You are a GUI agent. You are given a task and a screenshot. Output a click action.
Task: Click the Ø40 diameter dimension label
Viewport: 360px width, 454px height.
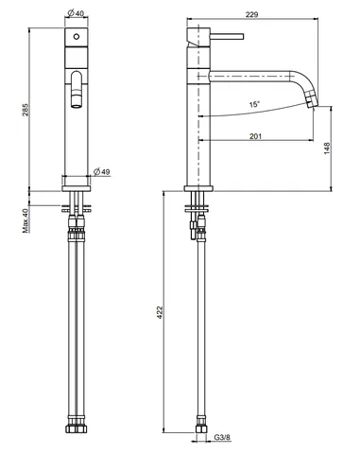pos(76,13)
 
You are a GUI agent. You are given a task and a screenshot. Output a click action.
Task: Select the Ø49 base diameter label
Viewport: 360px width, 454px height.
pos(102,172)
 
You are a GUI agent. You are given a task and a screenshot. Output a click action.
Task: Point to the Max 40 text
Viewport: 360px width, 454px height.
pos(26,220)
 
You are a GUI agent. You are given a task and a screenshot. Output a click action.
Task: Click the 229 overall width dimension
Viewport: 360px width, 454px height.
pos(251,14)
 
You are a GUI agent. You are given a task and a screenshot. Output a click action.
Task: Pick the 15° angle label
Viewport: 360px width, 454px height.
pos(254,104)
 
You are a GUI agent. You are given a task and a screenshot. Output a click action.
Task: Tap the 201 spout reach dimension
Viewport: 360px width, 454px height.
pos(255,136)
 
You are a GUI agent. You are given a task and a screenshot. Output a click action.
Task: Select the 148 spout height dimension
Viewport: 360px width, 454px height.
pos(327,148)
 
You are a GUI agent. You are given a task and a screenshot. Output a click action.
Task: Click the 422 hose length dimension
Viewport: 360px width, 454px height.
pos(161,312)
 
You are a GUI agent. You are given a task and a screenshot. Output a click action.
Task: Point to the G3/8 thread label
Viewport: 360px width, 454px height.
pos(222,438)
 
